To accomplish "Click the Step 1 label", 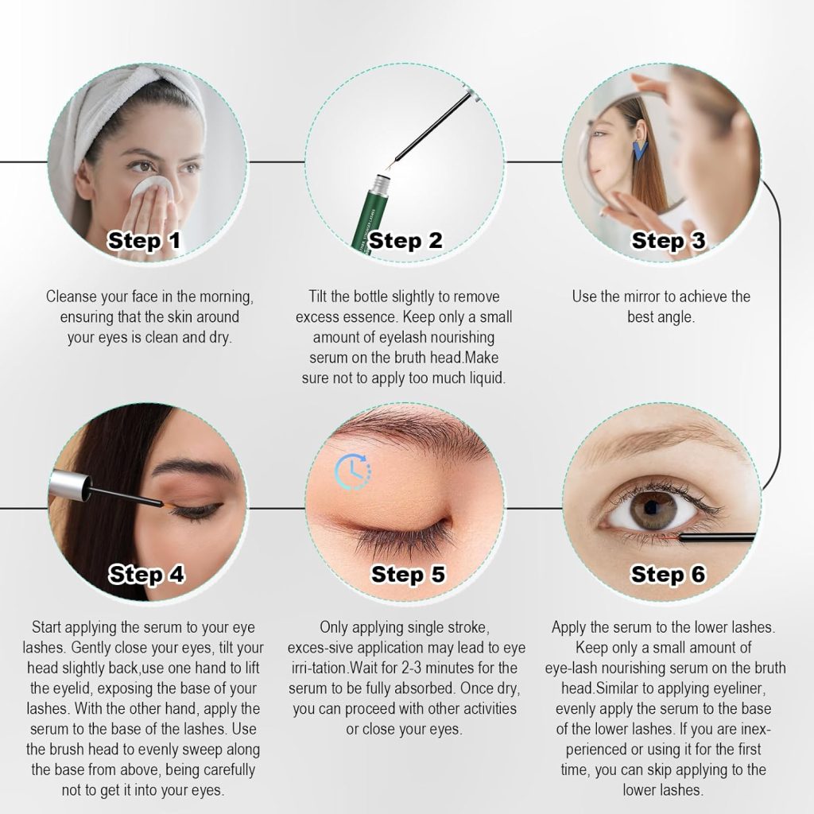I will pyautogui.click(x=145, y=240).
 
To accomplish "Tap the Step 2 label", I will pyautogui.click(x=405, y=240).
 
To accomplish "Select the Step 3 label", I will pyautogui.click(x=668, y=240).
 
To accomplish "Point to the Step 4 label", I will pyautogui.click(x=146, y=573).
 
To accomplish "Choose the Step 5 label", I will pyautogui.click(x=408, y=573).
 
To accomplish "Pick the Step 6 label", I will pyautogui.click(x=668, y=573).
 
